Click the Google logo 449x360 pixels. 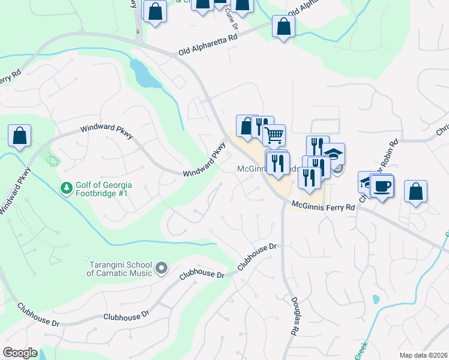coord(20,353)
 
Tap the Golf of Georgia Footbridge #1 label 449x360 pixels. coord(104,188)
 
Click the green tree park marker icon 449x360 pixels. coord(65,188)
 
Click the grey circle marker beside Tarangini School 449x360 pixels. coord(161,268)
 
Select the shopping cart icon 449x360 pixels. coord(274,135)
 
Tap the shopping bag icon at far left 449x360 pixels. coord(20,136)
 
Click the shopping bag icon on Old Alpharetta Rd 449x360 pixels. coord(283,26)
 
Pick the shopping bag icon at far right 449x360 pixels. coord(416,191)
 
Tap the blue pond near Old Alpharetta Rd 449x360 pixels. coord(143,73)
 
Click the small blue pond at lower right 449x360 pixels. coord(376,299)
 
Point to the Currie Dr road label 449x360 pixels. coord(231,21)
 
